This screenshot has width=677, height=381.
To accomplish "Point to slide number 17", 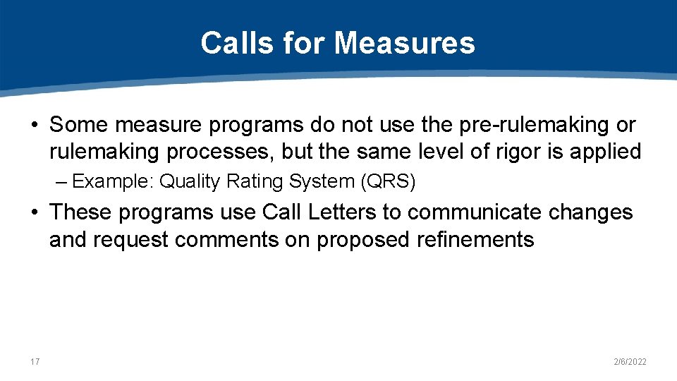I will [35, 362].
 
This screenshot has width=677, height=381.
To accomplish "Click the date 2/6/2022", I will [630, 362].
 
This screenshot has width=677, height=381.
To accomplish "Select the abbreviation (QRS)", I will [388, 181].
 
